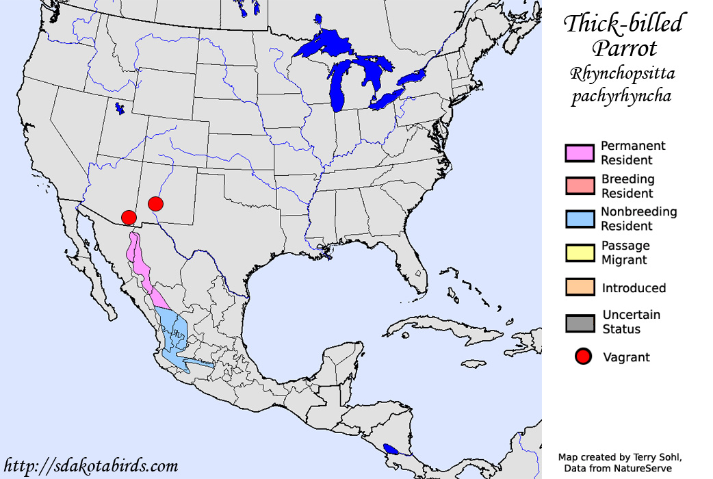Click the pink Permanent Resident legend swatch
pyautogui.click(x=580, y=153)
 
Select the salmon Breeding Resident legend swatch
pyautogui.click(x=580, y=186)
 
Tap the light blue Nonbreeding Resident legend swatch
pyautogui.click(x=580, y=219)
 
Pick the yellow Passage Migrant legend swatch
pyautogui.click(x=580, y=253)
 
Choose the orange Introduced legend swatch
pyautogui.click(x=580, y=287)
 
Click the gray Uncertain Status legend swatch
pyautogui.click(x=580, y=322)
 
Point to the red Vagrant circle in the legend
pyautogui.click(x=583, y=357)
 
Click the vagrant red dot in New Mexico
pyautogui.click(x=155, y=203)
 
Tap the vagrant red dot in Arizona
pyautogui.click(x=128, y=217)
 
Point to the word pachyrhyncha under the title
pyautogui.click(x=621, y=96)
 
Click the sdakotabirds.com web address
pyautogui.click(x=90, y=466)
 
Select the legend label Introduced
pyautogui.click(x=634, y=288)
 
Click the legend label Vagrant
pyautogui.click(x=626, y=357)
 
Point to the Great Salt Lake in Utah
pyautogui.click(x=120, y=108)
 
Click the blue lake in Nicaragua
pyautogui.click(x=391, y=450)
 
